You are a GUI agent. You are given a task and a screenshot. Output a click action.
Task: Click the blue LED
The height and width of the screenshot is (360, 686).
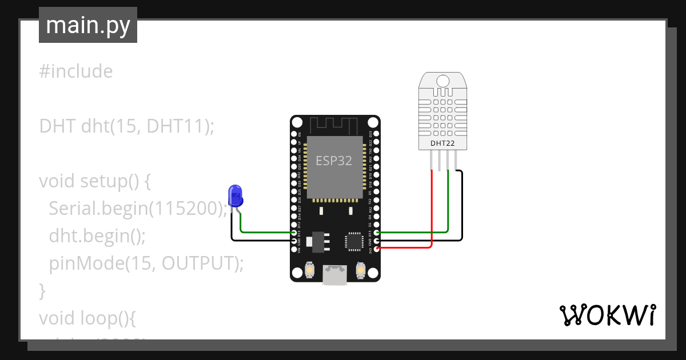235,196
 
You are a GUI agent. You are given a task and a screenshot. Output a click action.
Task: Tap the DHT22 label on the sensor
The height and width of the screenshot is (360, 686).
442,143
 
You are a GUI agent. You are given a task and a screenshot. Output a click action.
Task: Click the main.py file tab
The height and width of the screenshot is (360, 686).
88,25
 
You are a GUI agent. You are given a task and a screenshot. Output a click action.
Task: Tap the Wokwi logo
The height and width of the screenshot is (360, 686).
607,315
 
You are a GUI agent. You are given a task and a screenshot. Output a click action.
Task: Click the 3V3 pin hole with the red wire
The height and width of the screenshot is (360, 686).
377,249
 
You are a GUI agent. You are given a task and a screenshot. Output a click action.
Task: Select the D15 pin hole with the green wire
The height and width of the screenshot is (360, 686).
377,233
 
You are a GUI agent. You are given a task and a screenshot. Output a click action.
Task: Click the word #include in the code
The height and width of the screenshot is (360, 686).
76,71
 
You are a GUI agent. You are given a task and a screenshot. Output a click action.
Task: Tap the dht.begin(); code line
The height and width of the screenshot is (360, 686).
97,236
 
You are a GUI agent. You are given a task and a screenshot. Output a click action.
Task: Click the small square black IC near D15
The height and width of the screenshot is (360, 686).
354,241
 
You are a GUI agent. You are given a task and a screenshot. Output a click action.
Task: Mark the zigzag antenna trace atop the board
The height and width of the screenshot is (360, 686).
334,125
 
